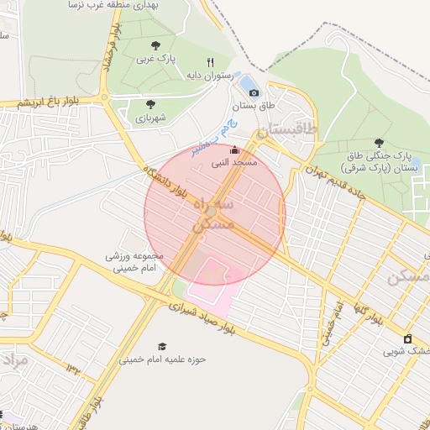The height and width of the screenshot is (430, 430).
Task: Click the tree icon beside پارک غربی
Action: [x=154, y=45]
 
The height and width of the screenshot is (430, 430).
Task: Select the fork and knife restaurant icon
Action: [x=210, y=61]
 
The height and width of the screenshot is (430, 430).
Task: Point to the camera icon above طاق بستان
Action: [x=254, y=92]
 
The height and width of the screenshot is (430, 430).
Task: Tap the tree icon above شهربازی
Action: [x=150, y=104]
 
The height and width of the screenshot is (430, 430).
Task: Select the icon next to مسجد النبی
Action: [x=233, y=149]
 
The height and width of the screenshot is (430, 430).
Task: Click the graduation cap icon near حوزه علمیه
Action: [x=162, y=346]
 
